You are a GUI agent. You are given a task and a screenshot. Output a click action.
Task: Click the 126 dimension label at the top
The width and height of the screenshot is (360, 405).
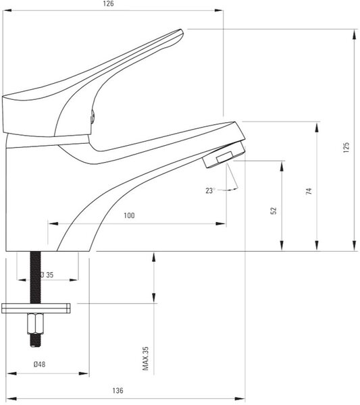[x=108, y=3]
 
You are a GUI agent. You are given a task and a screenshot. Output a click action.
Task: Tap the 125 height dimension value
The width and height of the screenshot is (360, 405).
[x=346, y=147]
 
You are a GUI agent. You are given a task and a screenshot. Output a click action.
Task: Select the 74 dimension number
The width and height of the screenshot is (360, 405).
[x=309, y=191]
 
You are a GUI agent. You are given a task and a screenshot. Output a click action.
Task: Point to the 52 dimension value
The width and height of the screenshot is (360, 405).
[x=274, y=211]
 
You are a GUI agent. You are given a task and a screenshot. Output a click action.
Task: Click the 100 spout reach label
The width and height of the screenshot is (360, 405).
[x=129, y=215]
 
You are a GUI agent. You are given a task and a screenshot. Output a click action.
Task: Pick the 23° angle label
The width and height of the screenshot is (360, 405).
[x=210, y=190]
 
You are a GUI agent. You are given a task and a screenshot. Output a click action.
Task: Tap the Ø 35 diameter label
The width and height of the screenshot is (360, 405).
[x=47, y=275]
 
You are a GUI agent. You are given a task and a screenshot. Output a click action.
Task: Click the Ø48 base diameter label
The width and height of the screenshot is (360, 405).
[x=39, y=364]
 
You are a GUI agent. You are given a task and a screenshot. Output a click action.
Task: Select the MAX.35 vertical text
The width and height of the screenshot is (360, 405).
[x=146, y=358]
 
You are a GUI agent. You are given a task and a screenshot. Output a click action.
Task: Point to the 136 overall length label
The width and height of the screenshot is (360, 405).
[x=118, y=391]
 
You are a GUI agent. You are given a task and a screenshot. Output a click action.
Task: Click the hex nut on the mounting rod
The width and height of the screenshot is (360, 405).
[x=35, y=323]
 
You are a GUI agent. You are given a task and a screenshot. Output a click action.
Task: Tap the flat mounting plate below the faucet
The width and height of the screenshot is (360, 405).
[x=36, y=308]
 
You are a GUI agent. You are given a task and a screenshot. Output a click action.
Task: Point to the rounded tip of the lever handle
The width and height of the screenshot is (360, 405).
[x=180, y=34]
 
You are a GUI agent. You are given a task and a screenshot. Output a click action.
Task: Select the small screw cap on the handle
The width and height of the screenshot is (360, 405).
[x=93, y=116]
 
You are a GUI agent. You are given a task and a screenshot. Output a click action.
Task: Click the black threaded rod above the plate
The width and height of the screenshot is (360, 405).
[x=35, y=277]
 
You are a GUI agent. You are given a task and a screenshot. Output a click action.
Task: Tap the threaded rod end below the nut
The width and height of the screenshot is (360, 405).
[x=35, y=340]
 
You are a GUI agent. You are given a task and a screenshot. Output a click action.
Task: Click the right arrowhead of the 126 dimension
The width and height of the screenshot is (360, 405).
[x=219, y=11]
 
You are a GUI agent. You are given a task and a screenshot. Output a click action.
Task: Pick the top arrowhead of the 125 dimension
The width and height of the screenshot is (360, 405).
[x=354, y=34]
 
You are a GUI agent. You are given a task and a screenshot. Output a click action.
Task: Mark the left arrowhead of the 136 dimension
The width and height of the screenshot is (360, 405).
[x=11, y=399]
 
